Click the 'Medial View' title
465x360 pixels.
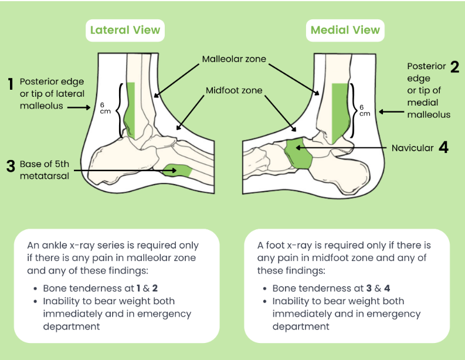click(x=345, y=30)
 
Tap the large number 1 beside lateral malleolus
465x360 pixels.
click(x=11, y=84)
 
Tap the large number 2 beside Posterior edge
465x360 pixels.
click(x=454, y=66)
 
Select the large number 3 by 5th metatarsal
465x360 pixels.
click(x=11, y=165)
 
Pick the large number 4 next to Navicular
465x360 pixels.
click(x=443, y=148)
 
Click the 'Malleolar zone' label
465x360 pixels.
click(x=234, y=59)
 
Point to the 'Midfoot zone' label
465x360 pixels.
click(x=234, y=91)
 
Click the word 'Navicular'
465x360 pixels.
click(x=412, y=148)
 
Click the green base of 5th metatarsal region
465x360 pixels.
click(x=178, y=171)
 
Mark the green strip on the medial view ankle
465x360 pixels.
click(x=339, y=111)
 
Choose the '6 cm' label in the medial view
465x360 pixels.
click(x=364, y=110)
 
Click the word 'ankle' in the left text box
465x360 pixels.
click(x=52, y=245)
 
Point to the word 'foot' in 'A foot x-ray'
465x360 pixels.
click(x=278, y=245)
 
